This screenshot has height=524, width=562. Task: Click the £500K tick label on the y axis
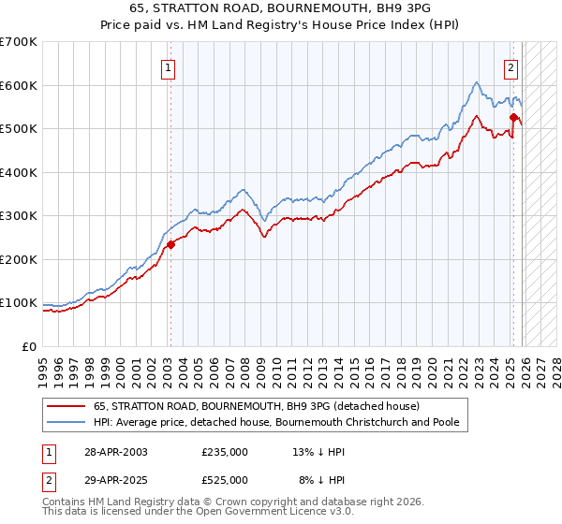click(19, 128)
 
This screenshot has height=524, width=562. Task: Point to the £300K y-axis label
click(19, 215)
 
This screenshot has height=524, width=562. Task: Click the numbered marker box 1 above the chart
click(168, 66)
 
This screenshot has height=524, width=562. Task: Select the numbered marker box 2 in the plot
click(511, 66)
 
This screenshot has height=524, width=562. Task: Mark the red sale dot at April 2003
click(170, 244)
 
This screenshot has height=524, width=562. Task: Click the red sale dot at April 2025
click(513, 118)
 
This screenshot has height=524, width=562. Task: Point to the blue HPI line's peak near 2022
click(476, 83)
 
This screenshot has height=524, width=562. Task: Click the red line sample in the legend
click(67, 406)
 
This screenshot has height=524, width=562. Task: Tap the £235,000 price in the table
click(225, 451)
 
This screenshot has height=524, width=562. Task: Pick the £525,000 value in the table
click(225, 479)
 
